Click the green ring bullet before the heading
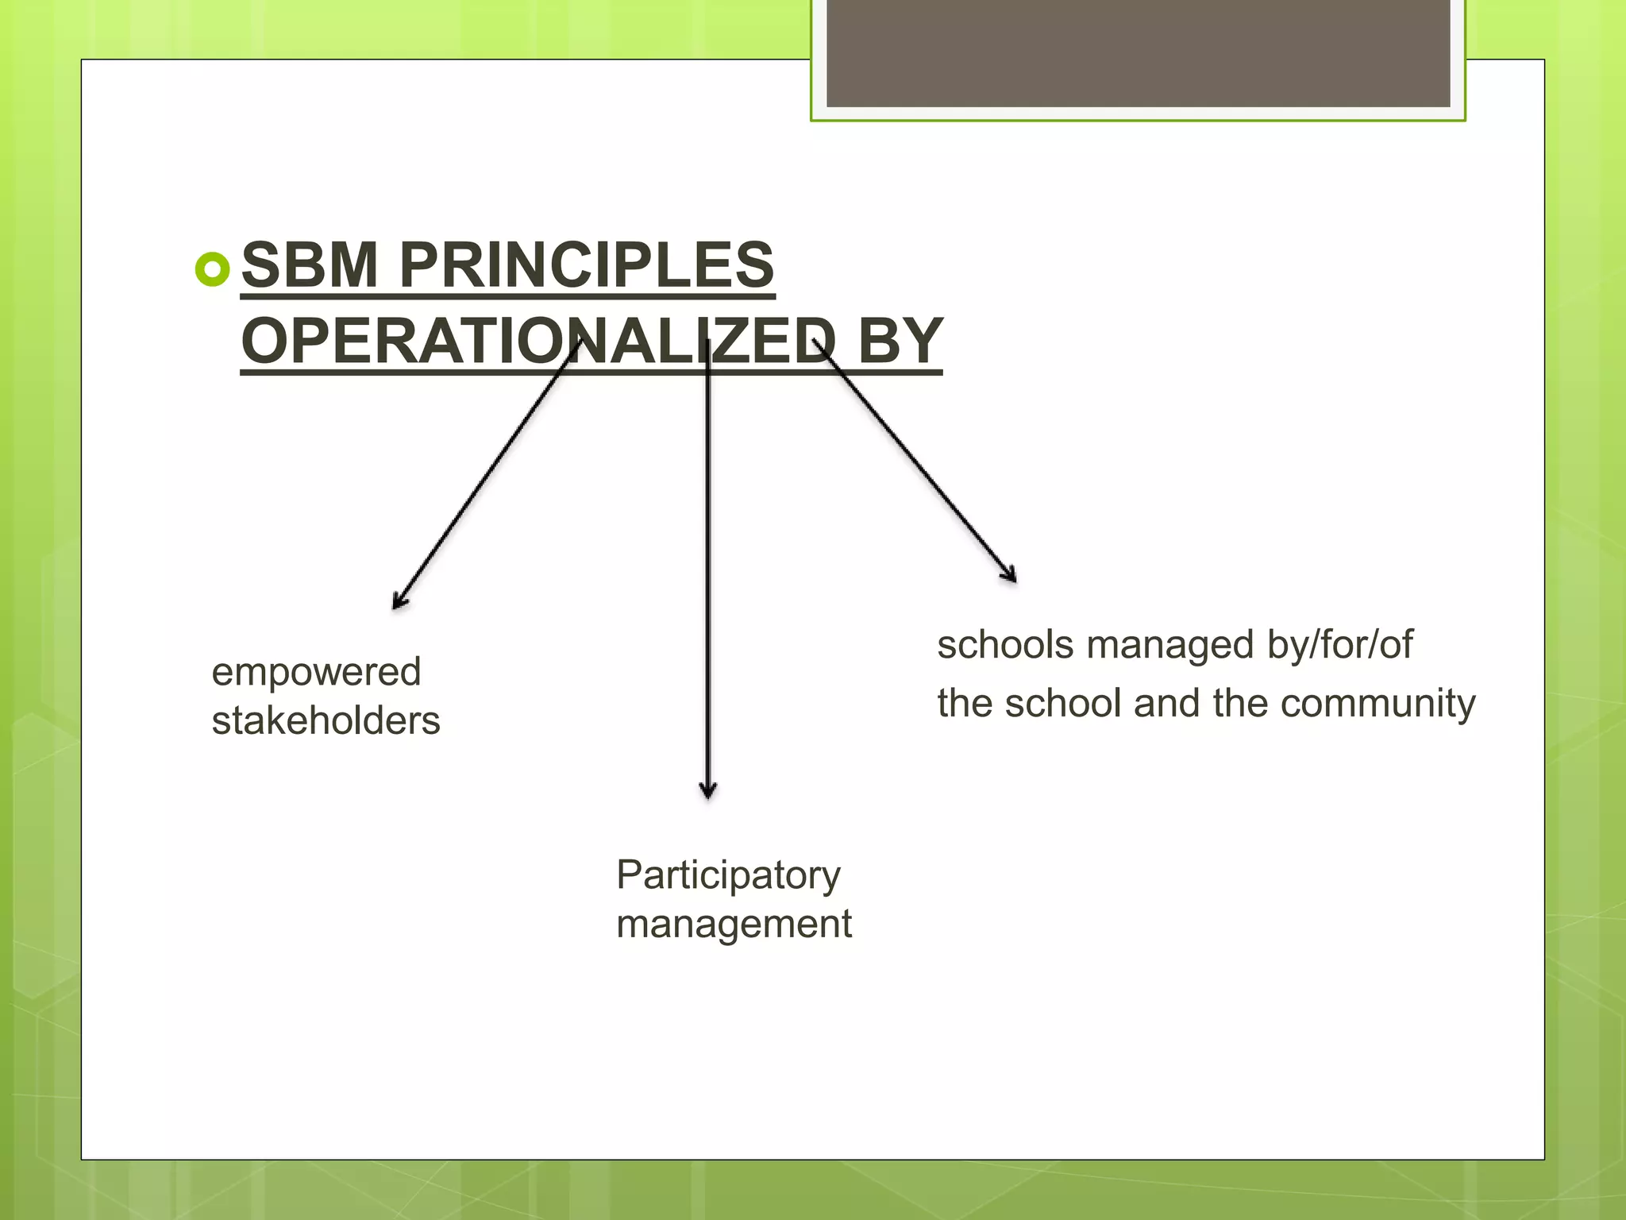(212, 270)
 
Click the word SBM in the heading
(309, 265)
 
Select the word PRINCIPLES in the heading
(587, 265)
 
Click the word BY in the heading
(900, 341)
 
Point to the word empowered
(316, 672)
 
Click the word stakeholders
(326, 721)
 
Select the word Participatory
(728, 875)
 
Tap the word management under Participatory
(734, 925)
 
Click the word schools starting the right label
(1005, 644)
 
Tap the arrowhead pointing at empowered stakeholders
(399, 602)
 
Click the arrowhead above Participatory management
(708, 790)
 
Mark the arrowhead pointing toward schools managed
(1010, 574)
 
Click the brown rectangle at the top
(1138, 52)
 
